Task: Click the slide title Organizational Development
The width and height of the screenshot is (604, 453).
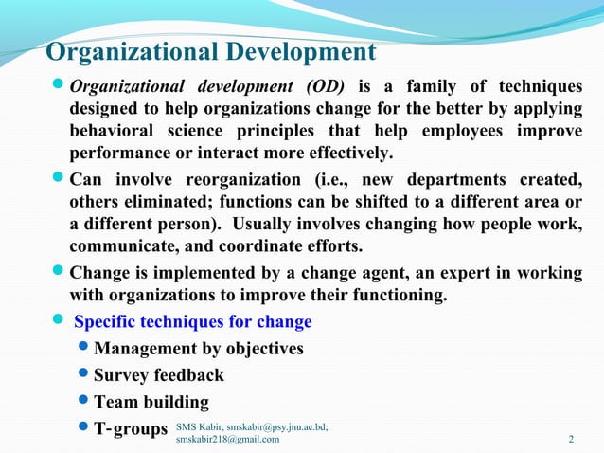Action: click(210, 51)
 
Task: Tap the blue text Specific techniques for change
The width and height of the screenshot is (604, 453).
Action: click(192, 322)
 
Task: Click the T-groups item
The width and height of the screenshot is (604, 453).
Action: click(130, 428)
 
